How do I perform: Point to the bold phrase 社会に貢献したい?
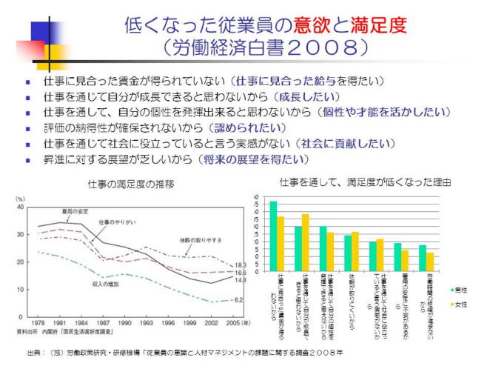[344, 143]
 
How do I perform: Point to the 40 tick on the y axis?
[20, 207]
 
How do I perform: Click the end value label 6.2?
[240, 299]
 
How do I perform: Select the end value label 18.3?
[240, 264]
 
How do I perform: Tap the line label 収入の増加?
[107, 285]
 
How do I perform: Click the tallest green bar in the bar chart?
[273, 236]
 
